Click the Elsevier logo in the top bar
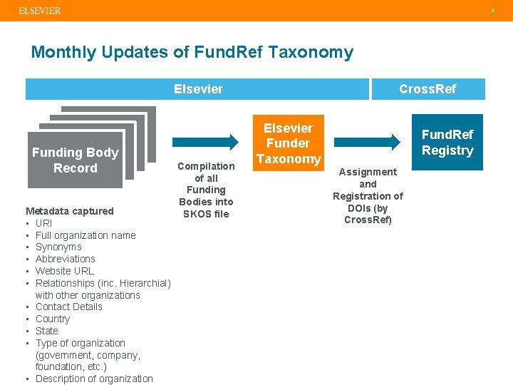(x=40, y=11)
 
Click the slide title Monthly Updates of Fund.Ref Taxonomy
(x=192, y=52)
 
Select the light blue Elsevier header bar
(x=198, y=89)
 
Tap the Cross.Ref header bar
(x=427, y=89)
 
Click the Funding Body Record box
(x=75, y=160)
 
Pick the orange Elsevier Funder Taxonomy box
(x=289, y=143)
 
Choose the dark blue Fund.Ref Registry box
(x=447, y=143)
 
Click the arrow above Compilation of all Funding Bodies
(x=207, y=141)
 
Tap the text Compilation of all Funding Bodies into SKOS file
(x=206, y=190)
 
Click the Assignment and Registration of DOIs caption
(x=368, y=195)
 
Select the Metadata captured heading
(x=70, y=211)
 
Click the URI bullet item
(x=43, y=223)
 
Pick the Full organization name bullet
(x=85, y=235)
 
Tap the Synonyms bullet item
(x=58, y=247)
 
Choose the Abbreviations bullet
(x=65, y=259)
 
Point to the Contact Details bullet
(x=68, y=307)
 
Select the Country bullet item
(x=53, y=319)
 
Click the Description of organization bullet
(x=94, y=379)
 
